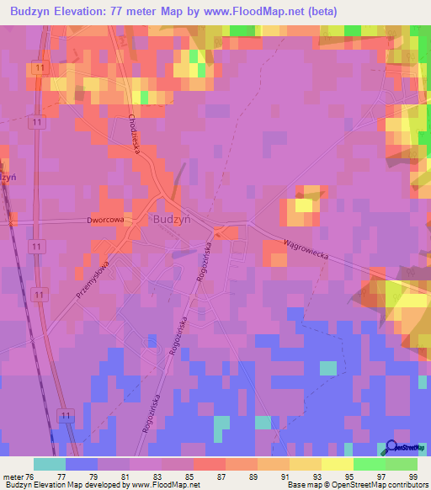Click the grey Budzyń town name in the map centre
click(x=172, y=218)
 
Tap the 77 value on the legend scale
click(x=61, y=476)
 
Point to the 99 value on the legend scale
click(x=412, y=476)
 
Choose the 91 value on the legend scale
click(x=285, y=476)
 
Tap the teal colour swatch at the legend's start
click(x=50, y=464)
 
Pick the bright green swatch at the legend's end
click(x=402, y=464)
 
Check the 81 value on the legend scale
click(x=125, y=476)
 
